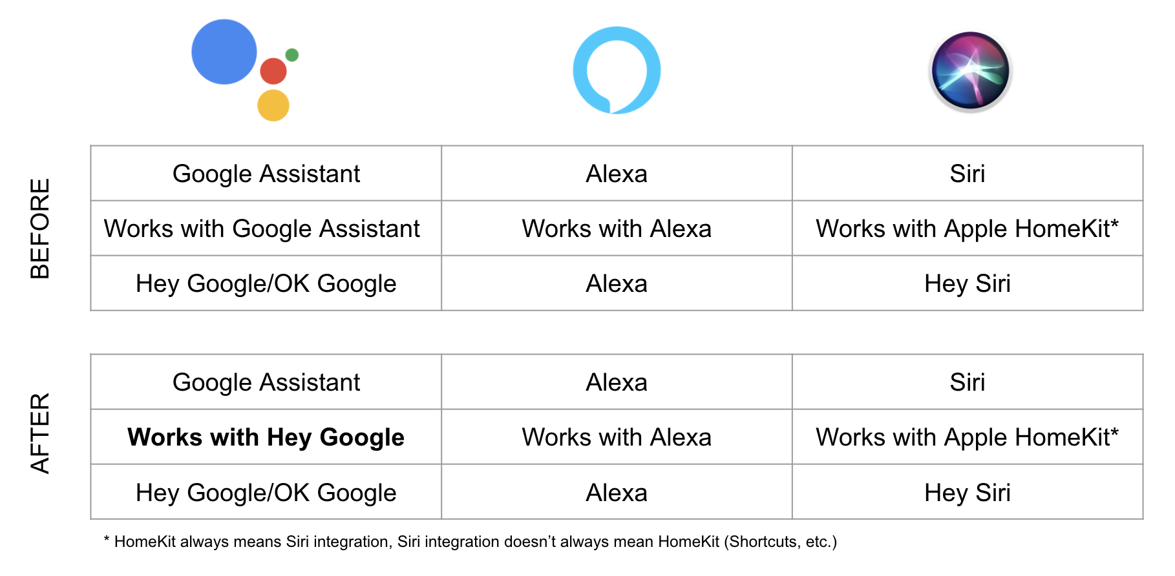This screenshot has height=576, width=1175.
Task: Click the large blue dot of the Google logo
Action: pos(224,52)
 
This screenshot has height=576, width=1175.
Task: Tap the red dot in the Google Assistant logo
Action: pos(273,71)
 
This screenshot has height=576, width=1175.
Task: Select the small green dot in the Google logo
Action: pos(292,55)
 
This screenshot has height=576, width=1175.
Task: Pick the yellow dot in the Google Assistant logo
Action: pos(273,105)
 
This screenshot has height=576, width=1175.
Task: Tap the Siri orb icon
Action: pos(970,71)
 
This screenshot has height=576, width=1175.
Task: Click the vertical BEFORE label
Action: pos(40,229)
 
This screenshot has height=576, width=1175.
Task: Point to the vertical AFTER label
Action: pos(40,433)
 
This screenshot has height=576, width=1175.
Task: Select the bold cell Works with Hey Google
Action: pos(266,437)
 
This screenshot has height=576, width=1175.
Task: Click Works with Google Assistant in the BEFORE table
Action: pos(262,229)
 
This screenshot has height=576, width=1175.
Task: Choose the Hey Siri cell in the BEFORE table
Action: pos(968,283)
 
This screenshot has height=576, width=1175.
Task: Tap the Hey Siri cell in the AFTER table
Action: pos(968,493)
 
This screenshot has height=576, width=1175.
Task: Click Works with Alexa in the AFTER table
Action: pos(617,437)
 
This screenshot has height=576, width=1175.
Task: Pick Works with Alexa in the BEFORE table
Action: pos(617,229)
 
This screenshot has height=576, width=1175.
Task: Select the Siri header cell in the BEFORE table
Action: pos(968,174)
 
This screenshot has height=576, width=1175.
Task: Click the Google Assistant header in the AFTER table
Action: pos(266,382)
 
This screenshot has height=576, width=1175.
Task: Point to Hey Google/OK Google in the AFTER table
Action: pos(266,493)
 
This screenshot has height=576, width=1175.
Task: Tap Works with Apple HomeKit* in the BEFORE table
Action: pos(967,229)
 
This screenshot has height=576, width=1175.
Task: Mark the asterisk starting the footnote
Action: pos(107,539)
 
